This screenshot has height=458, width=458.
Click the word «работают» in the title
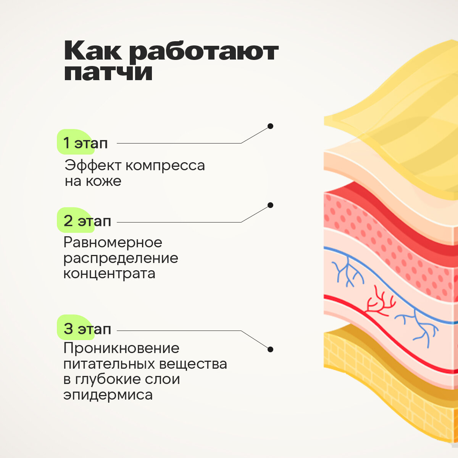coord(204,52)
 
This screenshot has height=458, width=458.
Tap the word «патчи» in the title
coord(108,72)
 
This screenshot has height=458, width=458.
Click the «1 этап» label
coord(85,143)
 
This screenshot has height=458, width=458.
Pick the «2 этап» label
coord(87,221)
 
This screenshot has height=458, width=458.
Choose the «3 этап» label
coord(87,329)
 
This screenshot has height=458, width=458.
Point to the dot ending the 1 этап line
coord(270,126)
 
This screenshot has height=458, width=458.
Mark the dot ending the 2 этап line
coord(270,205)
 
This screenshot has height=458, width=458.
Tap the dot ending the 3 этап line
coord(270,349)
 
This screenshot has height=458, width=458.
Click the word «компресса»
coord(165,166)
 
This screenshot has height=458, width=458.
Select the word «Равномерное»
coord(113,242)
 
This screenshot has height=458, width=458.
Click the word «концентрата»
coord(109,274)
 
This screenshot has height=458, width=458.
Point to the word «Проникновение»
coord(121,348)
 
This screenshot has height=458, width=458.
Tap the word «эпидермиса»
coord(108,395)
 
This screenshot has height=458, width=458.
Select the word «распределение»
coord(121,258)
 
